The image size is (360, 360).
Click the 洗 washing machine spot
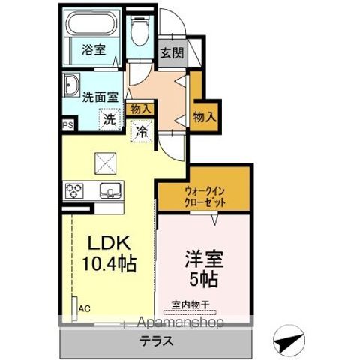click(x=109, y=118)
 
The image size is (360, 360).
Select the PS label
click(x=67, y=126)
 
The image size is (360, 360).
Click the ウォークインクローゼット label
click(x=203, y=197)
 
